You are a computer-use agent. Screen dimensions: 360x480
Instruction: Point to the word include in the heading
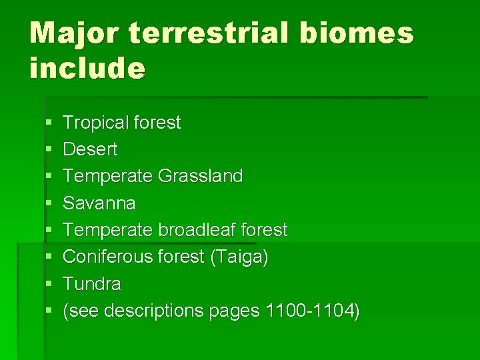pyautogui.click(x=87, y=68)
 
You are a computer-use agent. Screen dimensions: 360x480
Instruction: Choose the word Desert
pyautogui.click(x=90, y=149)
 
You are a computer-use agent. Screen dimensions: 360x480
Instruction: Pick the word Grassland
pyautogui.click(x=201, y=176)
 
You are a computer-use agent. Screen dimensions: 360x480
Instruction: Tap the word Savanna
pyautogui.click(x=99, y=203)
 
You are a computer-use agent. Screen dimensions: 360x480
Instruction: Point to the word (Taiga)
pyautogui.click(x=239, y=257)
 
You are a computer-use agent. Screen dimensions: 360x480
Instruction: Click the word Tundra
pyautogui.click(x=92, y=284)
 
